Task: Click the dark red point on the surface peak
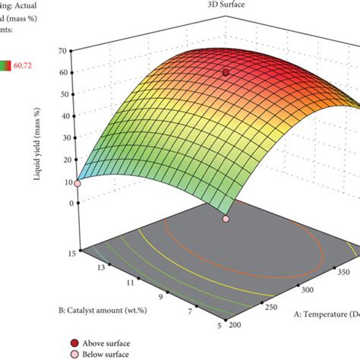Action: (x=226, y=72)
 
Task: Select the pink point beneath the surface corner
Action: (x=226, y=219)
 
